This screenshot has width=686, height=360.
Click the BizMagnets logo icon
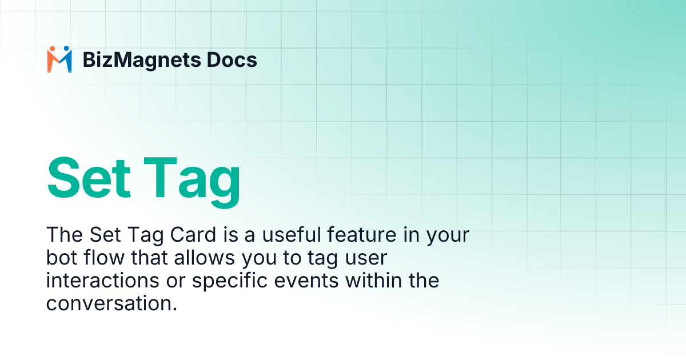pyautogui.click(x=59, y=59)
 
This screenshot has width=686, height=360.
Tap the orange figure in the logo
pyautogui.click(x=53, y=60)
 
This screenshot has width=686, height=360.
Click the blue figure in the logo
pyautogui.click(x=66, y=60)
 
